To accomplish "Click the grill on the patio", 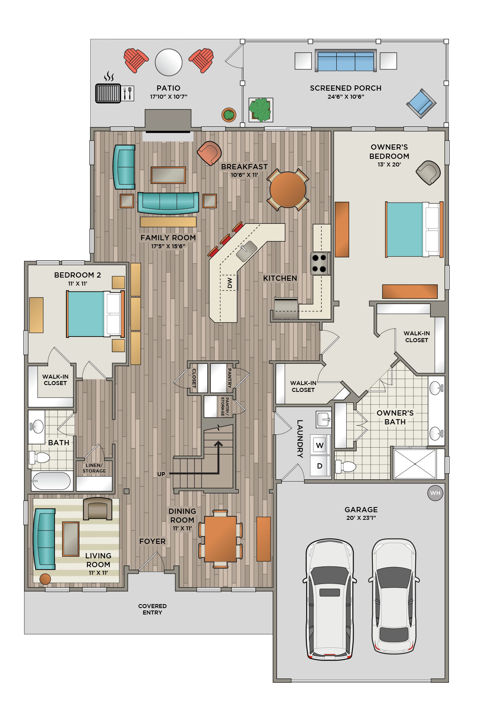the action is [108, 93].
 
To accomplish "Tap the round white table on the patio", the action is [169, 62].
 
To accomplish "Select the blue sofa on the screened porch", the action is [346, 61].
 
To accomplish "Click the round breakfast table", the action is [288, 189].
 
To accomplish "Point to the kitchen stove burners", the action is [319, 263].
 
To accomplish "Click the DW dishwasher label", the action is [230, 283].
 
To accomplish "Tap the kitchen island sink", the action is [247, 251].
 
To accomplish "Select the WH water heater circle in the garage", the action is [435, 493].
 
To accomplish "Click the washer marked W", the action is [320, 445].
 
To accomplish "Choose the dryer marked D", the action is [320, 466].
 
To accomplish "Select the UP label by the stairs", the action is [161, 474].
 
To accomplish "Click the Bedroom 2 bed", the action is [96, 314].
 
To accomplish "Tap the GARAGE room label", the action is [361, 509].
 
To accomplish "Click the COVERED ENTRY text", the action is [152, 609].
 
